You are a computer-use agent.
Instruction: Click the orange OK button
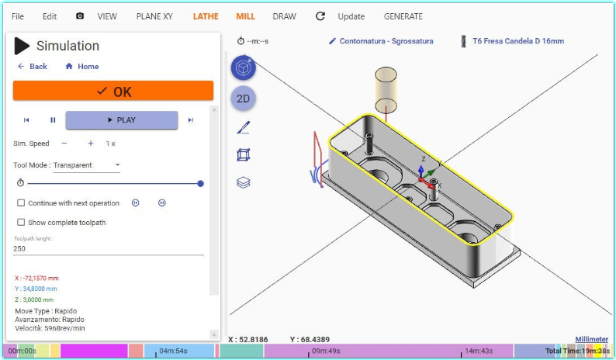click(x=113, y=91)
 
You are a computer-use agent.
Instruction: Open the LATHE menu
click(x=206, y=16)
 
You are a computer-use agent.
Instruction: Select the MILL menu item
click(x=245, y=16)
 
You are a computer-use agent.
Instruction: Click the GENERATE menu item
click(x=403, y=16)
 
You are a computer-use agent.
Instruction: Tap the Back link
click(x=33, y=67)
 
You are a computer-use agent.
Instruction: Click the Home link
click(x=82, y=67)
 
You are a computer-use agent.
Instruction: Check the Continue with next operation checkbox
click(x=21, y=202)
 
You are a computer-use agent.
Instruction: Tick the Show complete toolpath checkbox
click(x=21, y=222)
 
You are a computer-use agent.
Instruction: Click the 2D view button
click(x=243, y=99)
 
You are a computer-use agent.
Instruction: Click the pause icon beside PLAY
click(x=53, y=119)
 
